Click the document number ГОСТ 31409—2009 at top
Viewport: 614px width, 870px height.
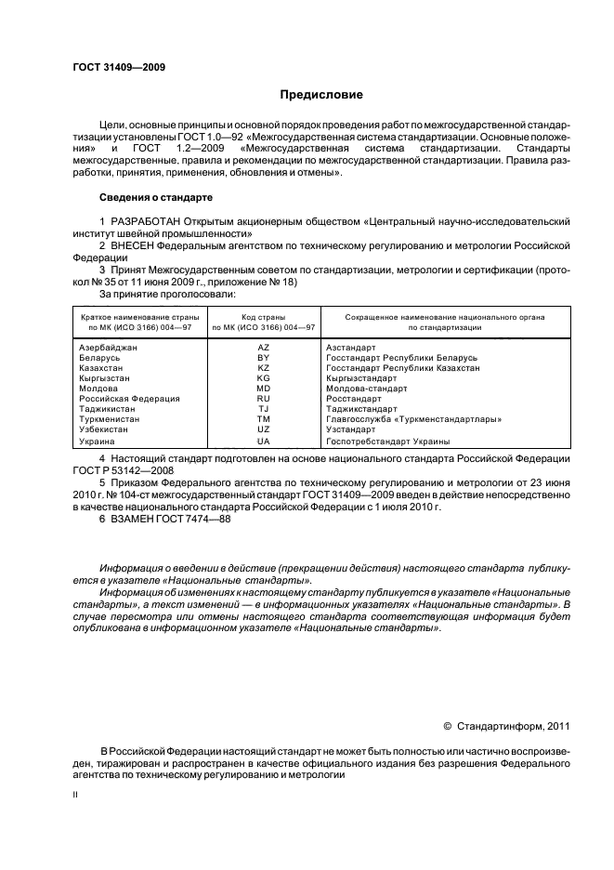tap(112, 68)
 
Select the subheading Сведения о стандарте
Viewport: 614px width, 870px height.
tap(156, 198)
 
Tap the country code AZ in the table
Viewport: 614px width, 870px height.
tap(263, 347)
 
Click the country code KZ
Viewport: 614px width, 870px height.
tap(263, 368)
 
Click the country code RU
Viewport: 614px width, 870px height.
tap(263, 399)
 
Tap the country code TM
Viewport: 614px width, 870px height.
tap(263, 419)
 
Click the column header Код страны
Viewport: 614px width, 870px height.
tap(263, 317)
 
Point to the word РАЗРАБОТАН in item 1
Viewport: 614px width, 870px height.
tap(143, 221)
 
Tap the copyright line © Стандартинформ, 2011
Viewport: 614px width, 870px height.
tap(507, 727)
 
